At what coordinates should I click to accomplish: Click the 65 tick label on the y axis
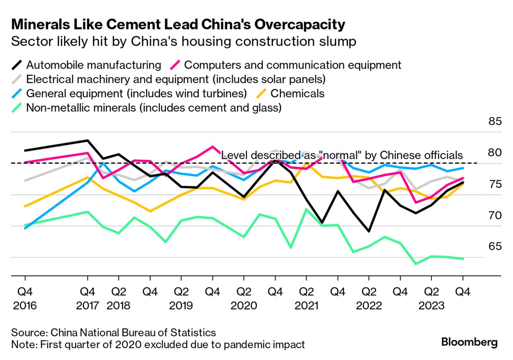[495, 246]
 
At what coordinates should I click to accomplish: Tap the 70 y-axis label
[495, 215]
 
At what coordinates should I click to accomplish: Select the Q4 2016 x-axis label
[25, 299]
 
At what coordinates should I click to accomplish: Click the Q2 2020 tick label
[244, 299]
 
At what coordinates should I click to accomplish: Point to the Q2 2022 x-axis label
[369, 299]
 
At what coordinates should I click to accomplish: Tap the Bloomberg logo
[469, 342]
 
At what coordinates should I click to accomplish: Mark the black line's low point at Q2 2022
[369, 231]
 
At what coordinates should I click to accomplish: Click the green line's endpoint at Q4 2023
[462, 259]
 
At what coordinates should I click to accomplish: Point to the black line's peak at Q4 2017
[87, 140]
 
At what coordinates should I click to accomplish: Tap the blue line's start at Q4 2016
[25, 228]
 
